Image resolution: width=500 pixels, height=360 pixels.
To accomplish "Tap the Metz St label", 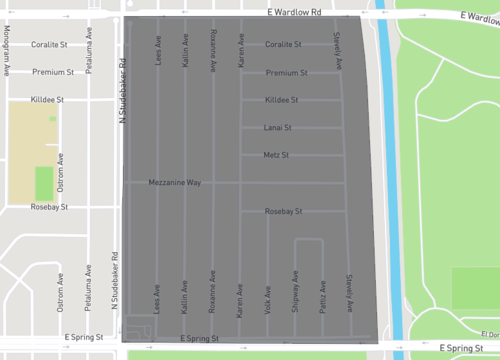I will [x=276, y=155].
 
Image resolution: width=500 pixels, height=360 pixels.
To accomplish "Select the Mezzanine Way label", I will [x=175, y=183].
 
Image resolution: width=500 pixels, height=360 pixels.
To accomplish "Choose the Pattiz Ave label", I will [x=322, y=297].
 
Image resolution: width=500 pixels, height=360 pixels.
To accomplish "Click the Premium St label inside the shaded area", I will [x=286, y=73].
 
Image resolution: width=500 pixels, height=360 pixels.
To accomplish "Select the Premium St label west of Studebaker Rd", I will [x=53, y=72].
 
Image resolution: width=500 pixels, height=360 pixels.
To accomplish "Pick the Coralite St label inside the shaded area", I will [x=286, y=45].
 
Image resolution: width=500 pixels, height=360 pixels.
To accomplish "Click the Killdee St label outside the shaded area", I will [x=45, y=100].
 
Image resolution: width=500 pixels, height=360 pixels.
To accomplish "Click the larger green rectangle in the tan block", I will [x=43, y=183].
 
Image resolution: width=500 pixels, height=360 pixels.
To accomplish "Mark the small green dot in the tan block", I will [x=53, y=118].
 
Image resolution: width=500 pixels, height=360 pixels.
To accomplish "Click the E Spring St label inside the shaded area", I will [x=199, y=341].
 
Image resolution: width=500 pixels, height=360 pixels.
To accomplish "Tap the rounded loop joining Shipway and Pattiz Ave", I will [x=308, y=241].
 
